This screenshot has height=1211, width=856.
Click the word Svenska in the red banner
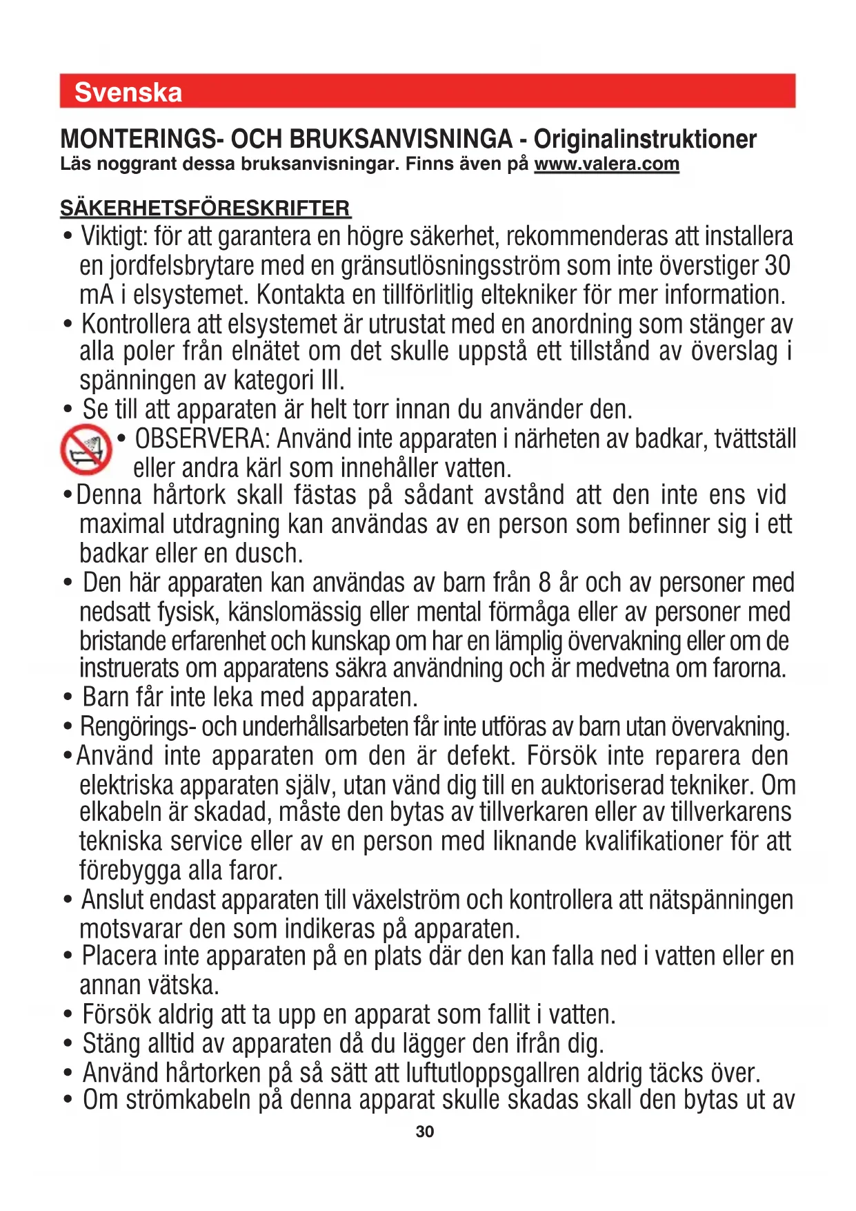(128, 93)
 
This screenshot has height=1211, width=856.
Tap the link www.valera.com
(606, 164)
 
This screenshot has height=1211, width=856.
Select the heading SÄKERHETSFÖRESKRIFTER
(206, 208)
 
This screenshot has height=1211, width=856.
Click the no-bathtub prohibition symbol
(86, 449)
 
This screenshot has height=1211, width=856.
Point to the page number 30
(425, 1132)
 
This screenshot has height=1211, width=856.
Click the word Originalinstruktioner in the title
(645, 139)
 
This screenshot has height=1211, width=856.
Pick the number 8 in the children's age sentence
(544, 583)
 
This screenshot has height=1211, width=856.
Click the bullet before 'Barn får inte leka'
(68, 698)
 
